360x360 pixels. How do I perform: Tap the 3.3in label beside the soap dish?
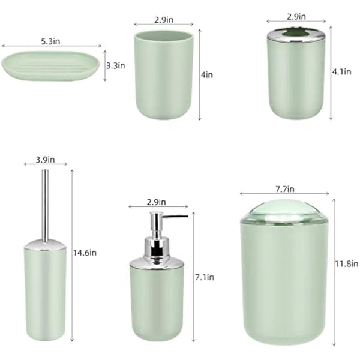[x=116, y=65]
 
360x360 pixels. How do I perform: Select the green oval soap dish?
[x=51, y=68]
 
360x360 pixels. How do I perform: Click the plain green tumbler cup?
[x=162, y=75]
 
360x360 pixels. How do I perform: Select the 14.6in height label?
[x=85, y=253]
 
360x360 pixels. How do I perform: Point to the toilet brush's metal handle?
[x=45, y=204]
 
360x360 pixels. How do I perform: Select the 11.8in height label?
[x=347, y=263]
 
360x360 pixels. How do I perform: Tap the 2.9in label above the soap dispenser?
[x=155, y=202]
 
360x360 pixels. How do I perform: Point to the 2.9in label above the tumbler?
[x=164, y=20]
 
